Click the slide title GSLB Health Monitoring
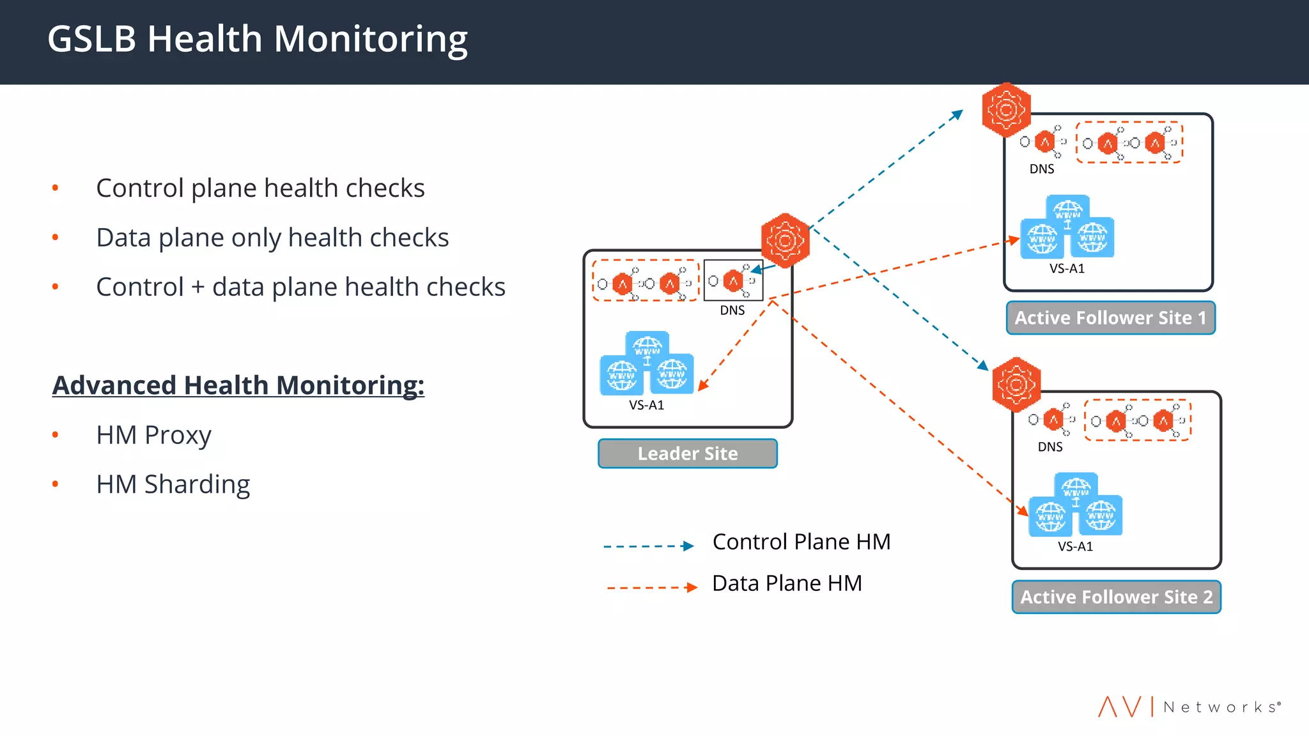257,40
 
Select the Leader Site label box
687,454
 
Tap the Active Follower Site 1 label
1110,318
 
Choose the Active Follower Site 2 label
1116,597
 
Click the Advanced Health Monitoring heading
238,385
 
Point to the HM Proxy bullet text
153,435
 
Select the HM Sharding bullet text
173,484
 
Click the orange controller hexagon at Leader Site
785,240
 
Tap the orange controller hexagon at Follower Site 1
1006,110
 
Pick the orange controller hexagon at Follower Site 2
1016,385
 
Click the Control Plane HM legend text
801,542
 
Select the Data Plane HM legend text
787,583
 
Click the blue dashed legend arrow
648,546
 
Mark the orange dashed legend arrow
651,588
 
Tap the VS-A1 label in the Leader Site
646,405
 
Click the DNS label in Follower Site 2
1050,447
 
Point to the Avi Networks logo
1189,707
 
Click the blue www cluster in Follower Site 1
1067,227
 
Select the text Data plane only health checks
272,238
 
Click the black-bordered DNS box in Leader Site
732,280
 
